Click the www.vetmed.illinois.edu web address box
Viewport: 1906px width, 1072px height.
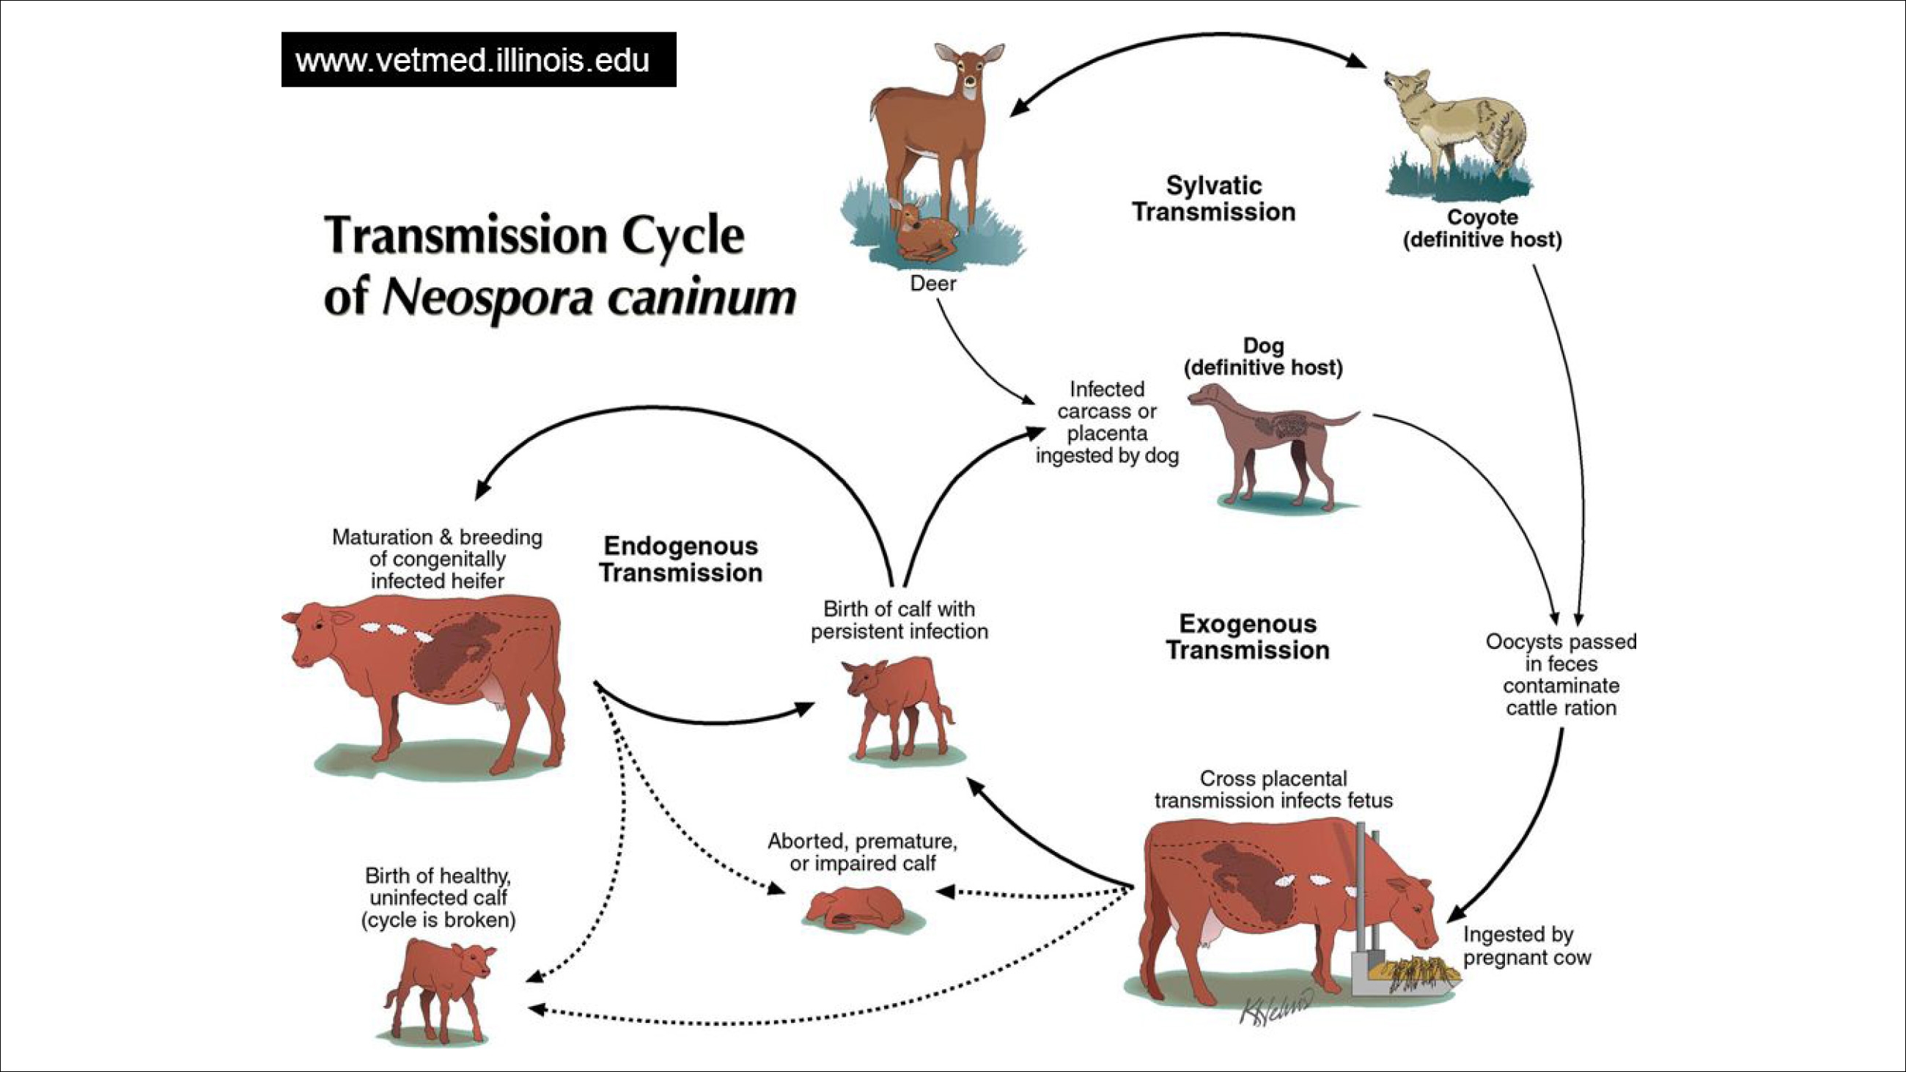(x=478, y=59)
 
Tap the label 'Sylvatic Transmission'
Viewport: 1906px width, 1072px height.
(x=1213, y=198)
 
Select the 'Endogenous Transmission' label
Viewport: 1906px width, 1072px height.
(x=681, y=559)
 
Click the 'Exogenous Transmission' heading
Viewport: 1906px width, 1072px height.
(x=1248, y=637)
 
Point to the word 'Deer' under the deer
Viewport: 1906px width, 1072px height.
(x=933, y=283)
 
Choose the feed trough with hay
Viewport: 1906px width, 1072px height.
(x=1406, y=973)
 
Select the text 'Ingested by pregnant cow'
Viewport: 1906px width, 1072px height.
(x=1526, y=946)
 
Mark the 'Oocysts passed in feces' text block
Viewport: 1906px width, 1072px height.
(x=1561, y=674)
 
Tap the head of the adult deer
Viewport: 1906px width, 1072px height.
(x=969, y=70)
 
